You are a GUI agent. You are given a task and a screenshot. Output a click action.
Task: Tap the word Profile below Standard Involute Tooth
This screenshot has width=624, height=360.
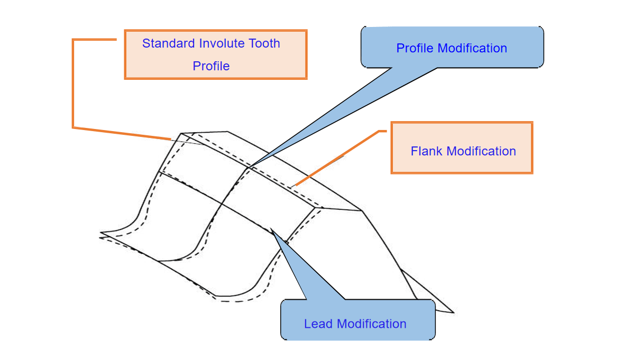pyautogui.click(x=211, y=66)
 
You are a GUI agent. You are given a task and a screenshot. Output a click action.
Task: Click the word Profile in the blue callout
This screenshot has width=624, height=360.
pyautogui.click(x=416, y=48)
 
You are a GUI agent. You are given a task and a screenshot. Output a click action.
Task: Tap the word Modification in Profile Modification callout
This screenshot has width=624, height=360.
pyautogui.click(x=473, y=48)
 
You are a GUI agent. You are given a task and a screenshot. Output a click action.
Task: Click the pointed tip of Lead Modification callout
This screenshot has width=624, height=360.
pyautogui.click(x=271, y=229)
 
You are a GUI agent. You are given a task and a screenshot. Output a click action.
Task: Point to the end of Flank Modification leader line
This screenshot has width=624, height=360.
pyautogui.click(x=293, y=187)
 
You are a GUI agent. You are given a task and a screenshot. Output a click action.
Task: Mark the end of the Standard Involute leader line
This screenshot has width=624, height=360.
pyautogui.click(x=171, y=140)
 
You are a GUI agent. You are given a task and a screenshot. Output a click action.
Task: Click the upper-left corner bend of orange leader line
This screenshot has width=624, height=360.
pyautogui.click(x=73, y=39)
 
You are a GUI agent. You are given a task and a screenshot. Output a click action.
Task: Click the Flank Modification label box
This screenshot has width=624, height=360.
pyautogui.click(x=462, y=147)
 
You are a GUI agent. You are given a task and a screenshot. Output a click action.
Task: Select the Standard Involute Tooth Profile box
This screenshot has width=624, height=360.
pyautogui.click(x=216, y=54)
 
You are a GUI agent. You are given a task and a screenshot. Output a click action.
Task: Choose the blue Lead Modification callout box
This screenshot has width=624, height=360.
pyautogui.click(x=358, y=319)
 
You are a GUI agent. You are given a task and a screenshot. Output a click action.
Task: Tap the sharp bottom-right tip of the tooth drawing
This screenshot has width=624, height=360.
pyautogui.click(x=454, y=312)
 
